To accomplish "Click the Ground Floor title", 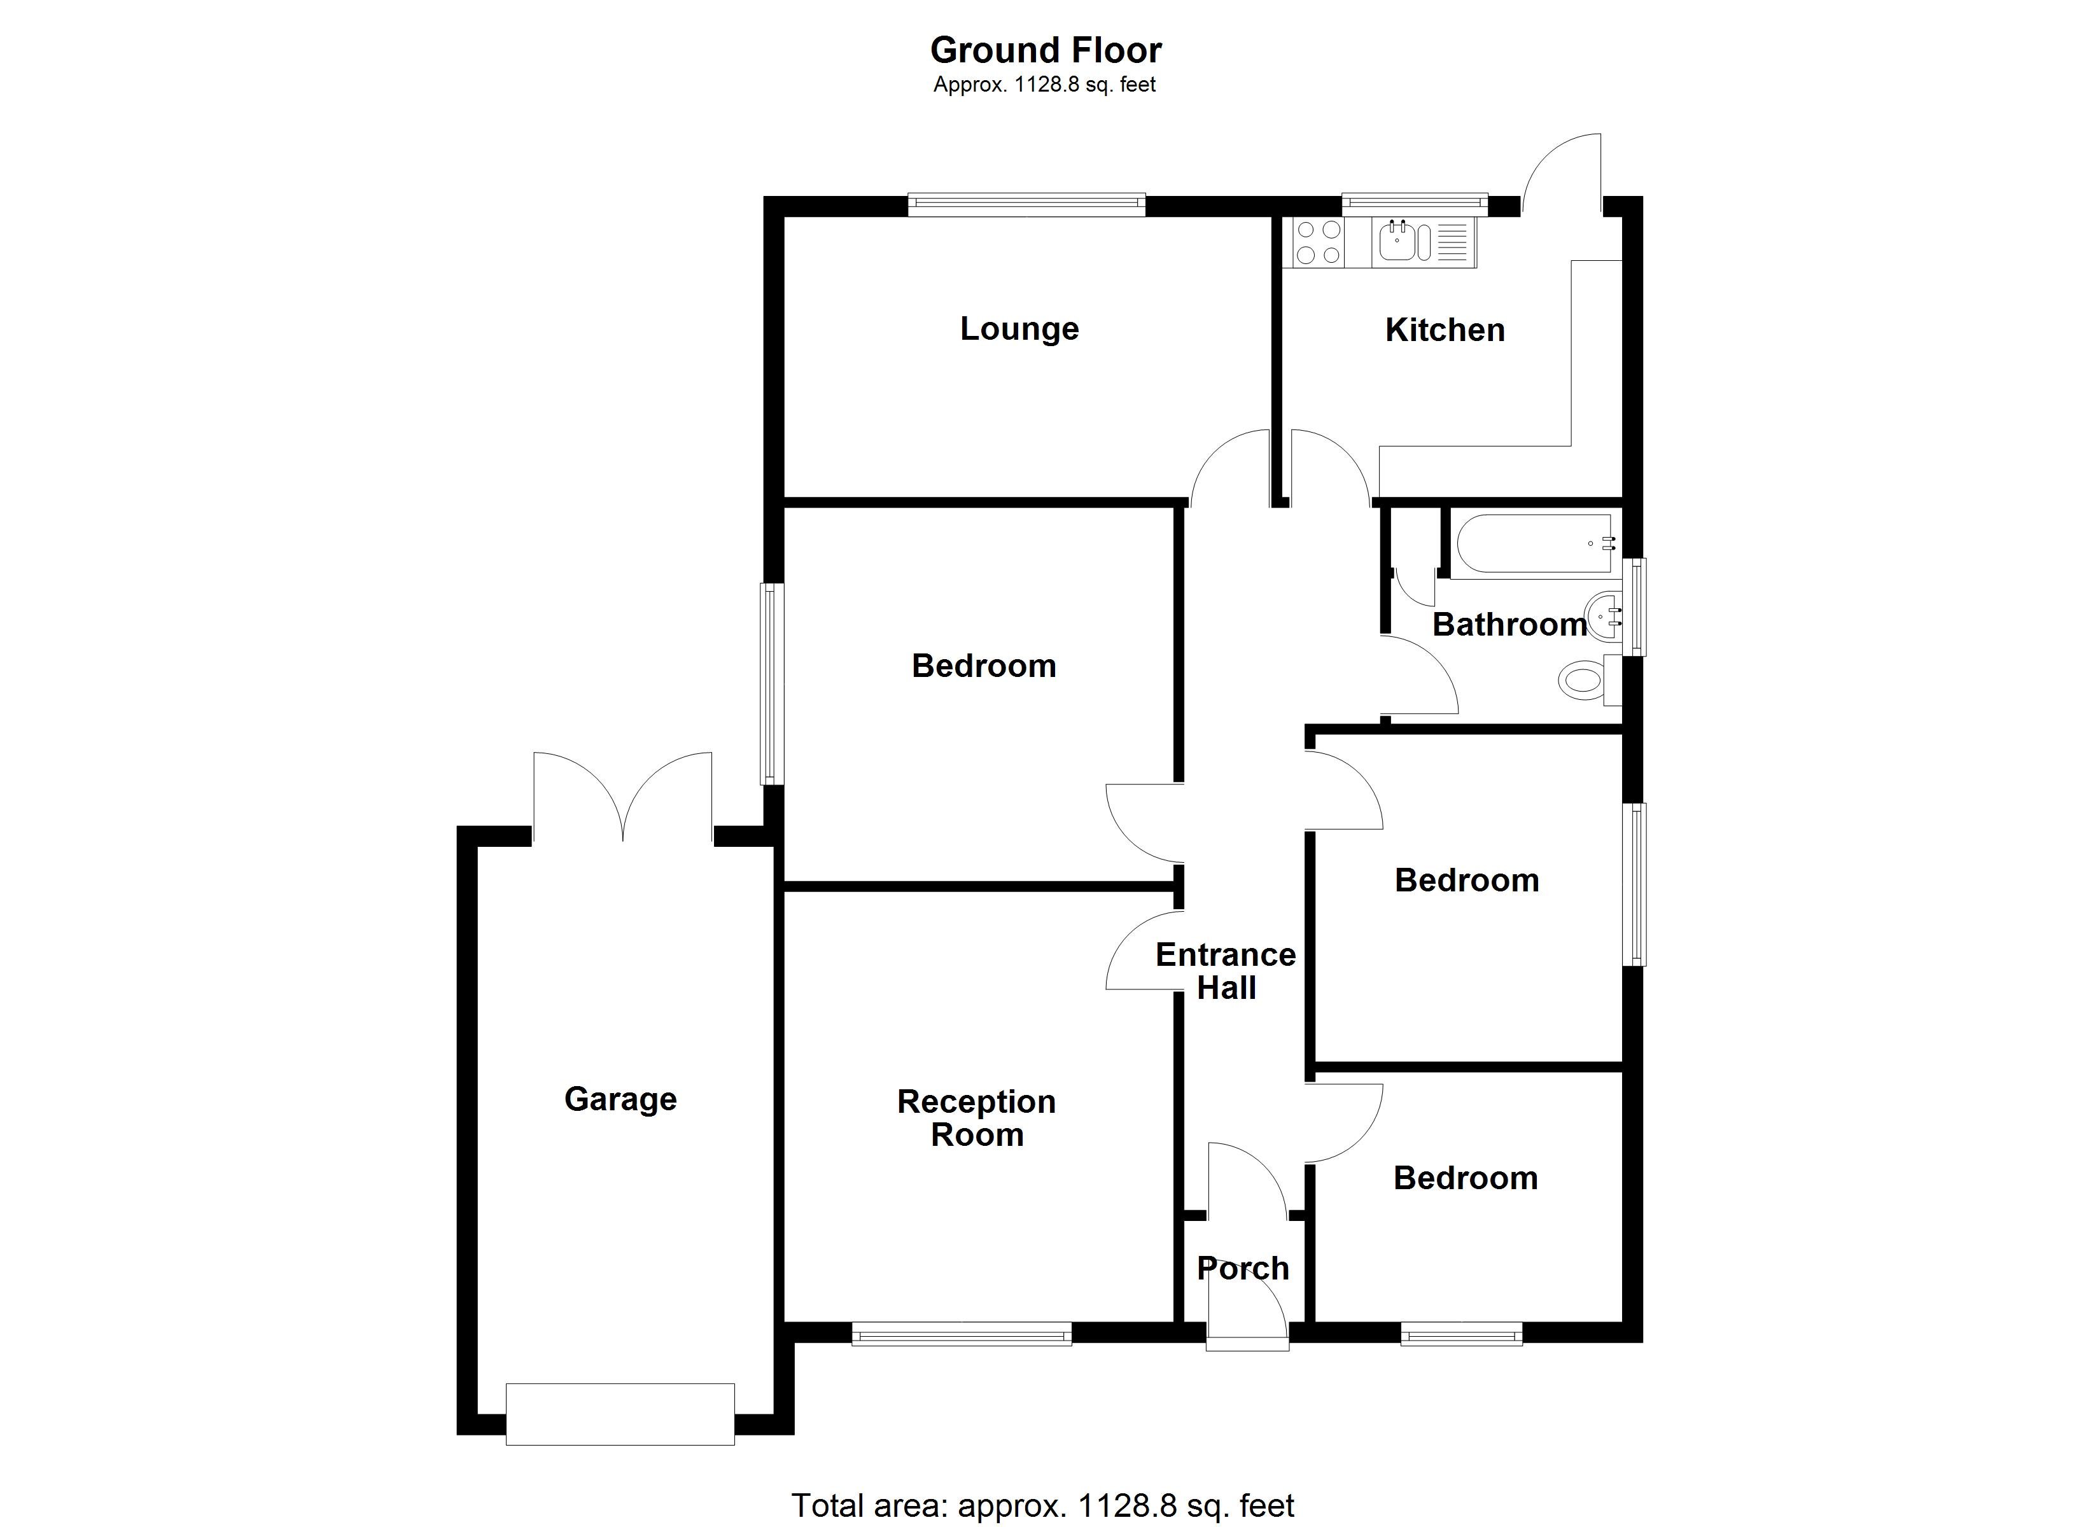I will tap(1046, 50).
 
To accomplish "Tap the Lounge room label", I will tap(1019, 329).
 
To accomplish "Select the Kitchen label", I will tap(1445, 330).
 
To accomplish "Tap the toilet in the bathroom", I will tap(1583, 681).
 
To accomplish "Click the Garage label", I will tap(620, 1099).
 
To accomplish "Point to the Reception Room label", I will tap(977, 1118).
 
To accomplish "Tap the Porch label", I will tap(1243, 1267).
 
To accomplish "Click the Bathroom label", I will tap(1509, 625).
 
